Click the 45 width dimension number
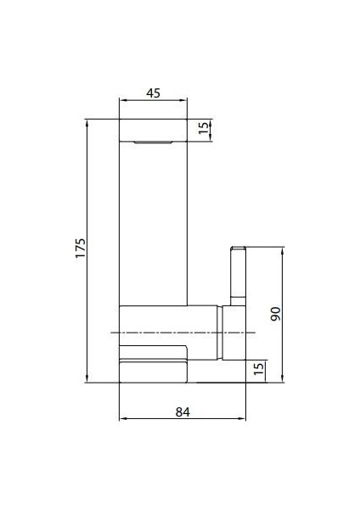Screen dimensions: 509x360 (154, 93)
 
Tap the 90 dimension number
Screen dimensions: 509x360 (274, 315)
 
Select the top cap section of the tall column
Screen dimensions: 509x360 (154, 130)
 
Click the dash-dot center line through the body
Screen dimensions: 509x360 (170, 332)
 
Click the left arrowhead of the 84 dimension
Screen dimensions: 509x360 (121, 418)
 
